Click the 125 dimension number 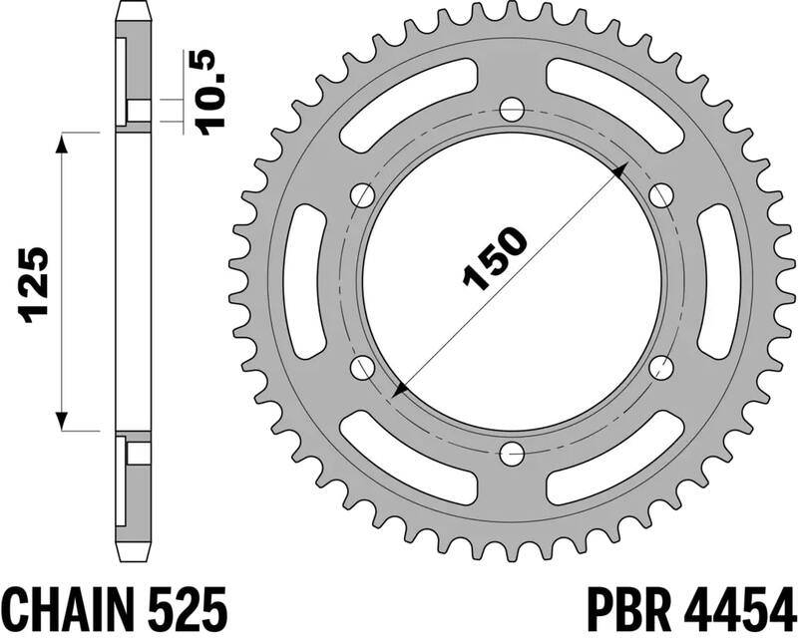(35, 284)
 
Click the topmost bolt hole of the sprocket (512, 108)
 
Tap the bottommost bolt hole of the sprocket (512, 455)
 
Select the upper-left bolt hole (363, 194)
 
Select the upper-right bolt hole (660, 194)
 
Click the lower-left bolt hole (363, 368)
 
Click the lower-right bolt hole (660, 368)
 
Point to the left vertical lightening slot (305, 281)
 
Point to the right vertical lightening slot (718, 281)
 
